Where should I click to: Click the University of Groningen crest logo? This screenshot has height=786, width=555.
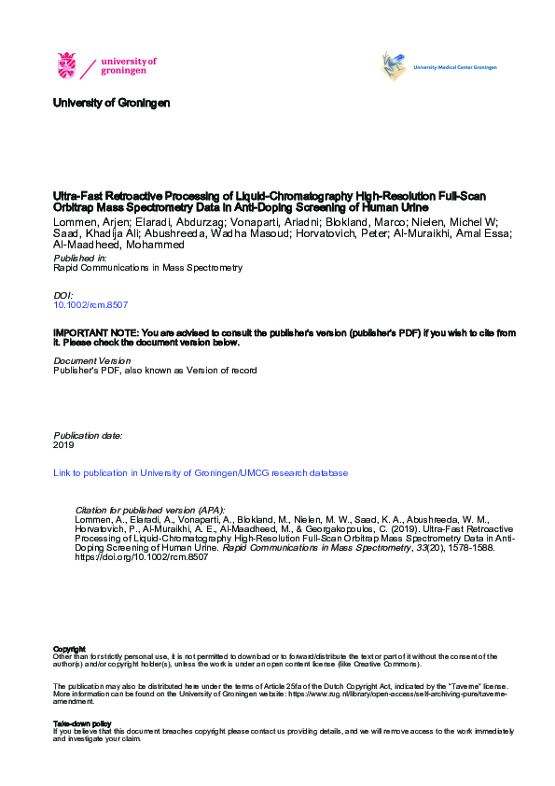pyautogui.click(x=67, y=65)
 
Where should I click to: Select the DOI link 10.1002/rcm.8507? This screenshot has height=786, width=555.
pyautogui.click(x=90, y=305)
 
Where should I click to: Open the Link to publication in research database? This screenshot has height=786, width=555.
pyautogui.click(x=201, y=473)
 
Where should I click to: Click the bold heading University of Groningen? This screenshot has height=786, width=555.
pyautogui.click(x=112, y=103)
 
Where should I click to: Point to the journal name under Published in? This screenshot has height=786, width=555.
pyautogui.click(x=147, y=267)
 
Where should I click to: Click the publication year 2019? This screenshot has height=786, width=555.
pyautogui.click(x=63, y=445)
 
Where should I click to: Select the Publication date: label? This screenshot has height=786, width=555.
pyautogui.click(x=88, y=435)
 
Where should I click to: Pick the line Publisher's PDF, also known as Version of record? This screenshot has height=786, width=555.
pyautogui.click(x=155, y=371)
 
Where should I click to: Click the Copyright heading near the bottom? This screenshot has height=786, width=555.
pyautogui.click(x=69, y=648)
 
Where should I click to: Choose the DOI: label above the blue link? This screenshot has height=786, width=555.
pyautogui.click(x=63, y=295)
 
